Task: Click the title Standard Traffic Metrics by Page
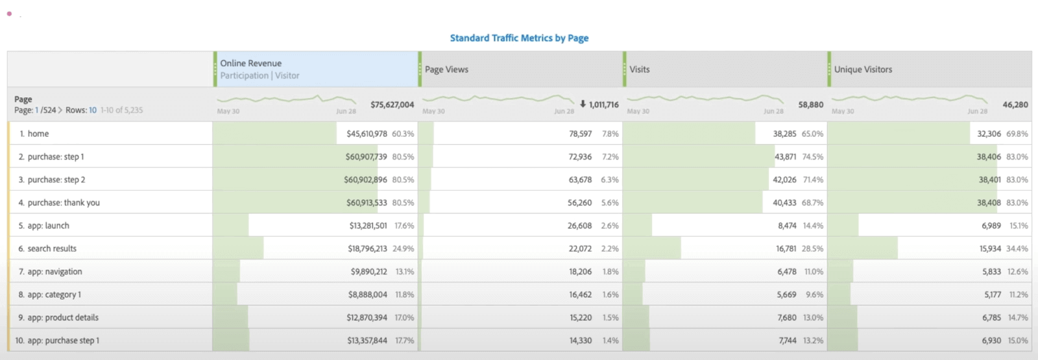pyautogui.click(x=519, y=38)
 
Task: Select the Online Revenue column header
pyautogui.click(x=250, y=63)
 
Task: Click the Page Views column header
pyautogui.click(x=446, y=69)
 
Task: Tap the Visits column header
pyautogui.click(x=639, y=69)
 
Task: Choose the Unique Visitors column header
pyautogui.click(x=863, y=69)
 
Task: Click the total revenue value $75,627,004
pyautogui.click(x=392, y=104)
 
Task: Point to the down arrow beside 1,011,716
pyautogui.click(x=583, y=104)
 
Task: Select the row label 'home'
pyautogui.click(x=38, y=134)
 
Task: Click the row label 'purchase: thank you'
pyautogui.click(x=63, y=202)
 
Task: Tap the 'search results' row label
pyautogui.click(x=52, y=248)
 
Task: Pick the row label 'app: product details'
pyautogui.click(x=63, y=317)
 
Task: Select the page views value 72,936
pyautogui.click(x=580, y=157)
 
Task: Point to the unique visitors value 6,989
pyautogui.click(x=991, y=226)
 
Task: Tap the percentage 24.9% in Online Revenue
pyautogui.click(x=403, y=248)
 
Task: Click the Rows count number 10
pyautogui.click(x=93, y=110)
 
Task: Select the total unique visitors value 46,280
pyautogui.click(x=1015, y=104)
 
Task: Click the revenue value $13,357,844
pyautogui.click(x=367, y=341)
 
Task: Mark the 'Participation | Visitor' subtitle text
pyautogui.click(x=259, y=76)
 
